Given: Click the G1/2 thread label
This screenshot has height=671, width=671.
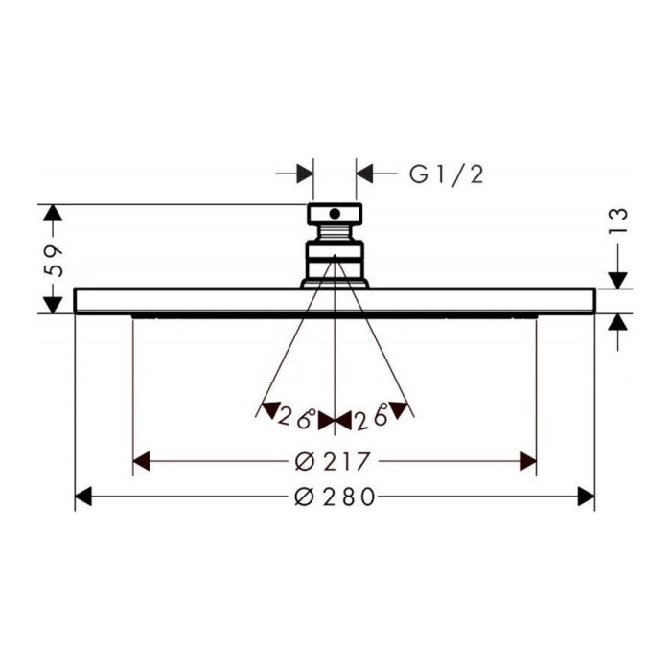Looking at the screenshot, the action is [447, 174].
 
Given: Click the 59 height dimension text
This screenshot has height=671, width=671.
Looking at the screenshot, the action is [54, 262].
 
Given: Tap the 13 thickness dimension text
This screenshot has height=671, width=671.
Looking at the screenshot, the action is [617, 220].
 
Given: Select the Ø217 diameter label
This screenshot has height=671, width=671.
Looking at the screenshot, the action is [332, 462].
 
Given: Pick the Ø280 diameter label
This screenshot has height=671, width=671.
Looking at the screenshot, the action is [335, 497].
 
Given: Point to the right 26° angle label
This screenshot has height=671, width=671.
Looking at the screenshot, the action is [372, 416].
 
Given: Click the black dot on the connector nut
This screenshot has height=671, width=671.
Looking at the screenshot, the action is [335, 214].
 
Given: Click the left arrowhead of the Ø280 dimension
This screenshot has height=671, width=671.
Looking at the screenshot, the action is [83, 497].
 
